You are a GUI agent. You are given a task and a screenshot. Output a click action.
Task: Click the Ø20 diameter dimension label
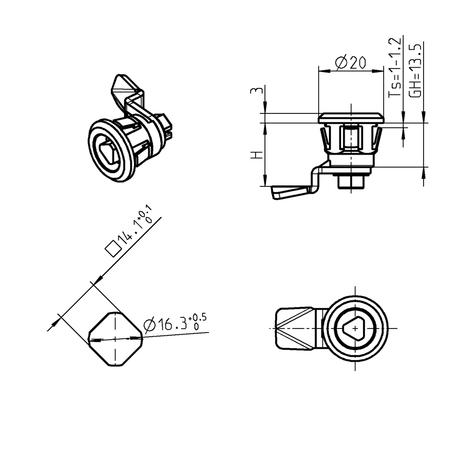coord(351,63)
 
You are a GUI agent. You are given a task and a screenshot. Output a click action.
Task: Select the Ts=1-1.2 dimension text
coord(394,68)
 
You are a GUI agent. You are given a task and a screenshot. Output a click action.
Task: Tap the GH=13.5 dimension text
coord(415,70)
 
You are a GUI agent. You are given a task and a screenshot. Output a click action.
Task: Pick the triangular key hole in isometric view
coord(109,151)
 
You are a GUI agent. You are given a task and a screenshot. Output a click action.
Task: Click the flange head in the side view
coord(351,118)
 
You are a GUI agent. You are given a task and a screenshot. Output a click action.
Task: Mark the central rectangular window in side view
coord(351,139)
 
